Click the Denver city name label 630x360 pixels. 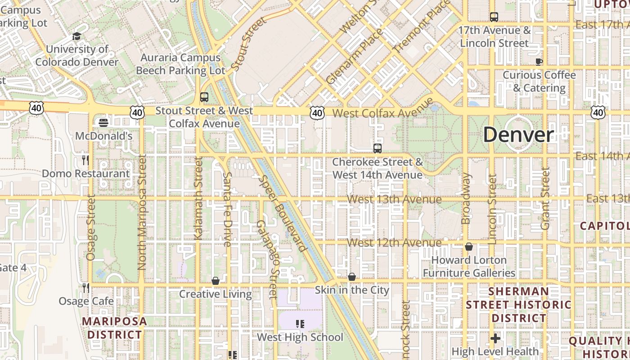(518, 135)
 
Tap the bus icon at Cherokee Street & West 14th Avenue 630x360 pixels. (378, 148)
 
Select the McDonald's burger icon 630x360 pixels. (104, 122)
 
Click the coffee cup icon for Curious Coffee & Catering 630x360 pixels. (539, 62)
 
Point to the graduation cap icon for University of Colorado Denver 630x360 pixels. (77, 36)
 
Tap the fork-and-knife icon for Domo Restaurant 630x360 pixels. (85, 160)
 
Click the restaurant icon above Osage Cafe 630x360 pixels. (85, 288)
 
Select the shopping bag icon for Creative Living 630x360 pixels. (216, 281)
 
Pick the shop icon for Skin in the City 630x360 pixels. (352, 277)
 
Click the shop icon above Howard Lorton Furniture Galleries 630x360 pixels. (469, 247)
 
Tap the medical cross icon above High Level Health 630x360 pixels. (495, 338)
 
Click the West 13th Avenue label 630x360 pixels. (395, 199)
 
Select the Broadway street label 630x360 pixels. (466, 198)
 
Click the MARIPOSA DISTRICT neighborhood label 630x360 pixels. (114, 328)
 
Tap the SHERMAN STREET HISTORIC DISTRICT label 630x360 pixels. (518, 305)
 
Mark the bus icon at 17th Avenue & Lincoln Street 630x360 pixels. (494, 17)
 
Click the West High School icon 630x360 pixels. (300, 324)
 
